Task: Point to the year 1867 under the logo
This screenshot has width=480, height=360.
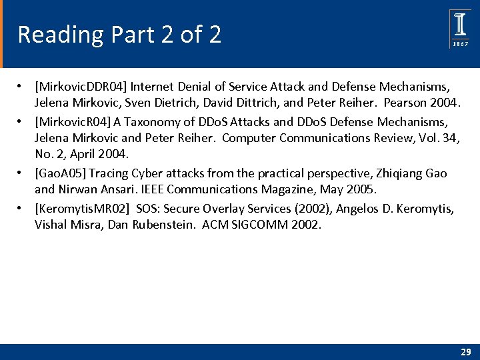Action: coord(460,44)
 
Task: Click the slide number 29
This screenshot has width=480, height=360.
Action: coord(465,351)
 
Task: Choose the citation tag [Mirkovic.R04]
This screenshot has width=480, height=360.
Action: coord(73,122)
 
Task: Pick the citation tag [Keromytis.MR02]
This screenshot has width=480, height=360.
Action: coord(83,209)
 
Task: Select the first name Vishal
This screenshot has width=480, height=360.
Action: coord(51,226)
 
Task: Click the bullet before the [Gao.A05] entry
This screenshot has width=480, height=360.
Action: coord(21,173)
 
